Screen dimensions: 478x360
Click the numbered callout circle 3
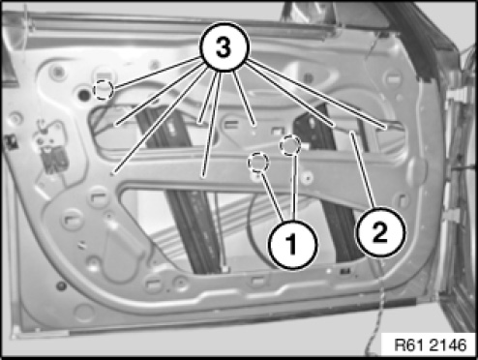click(x=224, y=46)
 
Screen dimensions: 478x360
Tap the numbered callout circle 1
click(x=293, y=244)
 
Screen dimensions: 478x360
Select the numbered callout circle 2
click(x=380, y=232)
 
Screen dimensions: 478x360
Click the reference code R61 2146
click(x=431, y=345)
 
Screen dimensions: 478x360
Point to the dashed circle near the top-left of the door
click(x=104, y=90)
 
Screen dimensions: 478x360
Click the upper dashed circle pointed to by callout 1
click(x=290, y=145)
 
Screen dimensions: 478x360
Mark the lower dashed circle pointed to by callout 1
click(x=258, y=163)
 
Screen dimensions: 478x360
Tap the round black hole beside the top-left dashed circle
click(x=84, y=95)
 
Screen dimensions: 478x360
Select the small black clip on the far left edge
click(x=11, y=142)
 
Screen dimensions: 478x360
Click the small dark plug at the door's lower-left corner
click(x=61, y=285)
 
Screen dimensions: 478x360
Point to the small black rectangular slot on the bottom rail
click(x=344, y=271)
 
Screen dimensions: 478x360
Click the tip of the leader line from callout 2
click(x=352, y=132)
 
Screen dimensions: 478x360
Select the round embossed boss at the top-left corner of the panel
click(x=58, y=72)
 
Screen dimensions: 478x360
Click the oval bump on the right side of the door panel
click(x=417, y=170)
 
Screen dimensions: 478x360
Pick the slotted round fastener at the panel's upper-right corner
click(x=393, y=78)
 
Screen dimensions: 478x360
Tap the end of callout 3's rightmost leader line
click(x=386, y=129)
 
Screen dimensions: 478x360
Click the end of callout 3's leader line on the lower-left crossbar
click(x=111, y=174)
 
